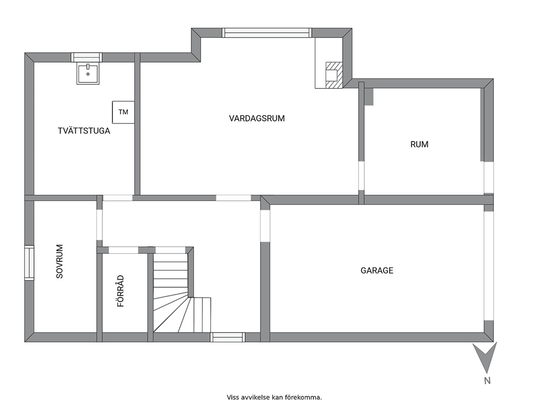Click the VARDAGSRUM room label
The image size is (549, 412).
pos(257,119)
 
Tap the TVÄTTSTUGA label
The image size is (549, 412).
pos(84,131)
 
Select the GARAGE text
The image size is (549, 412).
pos(377,270)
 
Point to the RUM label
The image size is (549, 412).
pos(419,145)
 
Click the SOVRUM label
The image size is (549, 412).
pos(60,261)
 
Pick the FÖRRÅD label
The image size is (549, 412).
pos(121,291)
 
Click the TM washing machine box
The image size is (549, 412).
pos(123,112)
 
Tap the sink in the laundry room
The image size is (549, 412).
pos(88,73)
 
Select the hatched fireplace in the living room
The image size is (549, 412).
pos(334,75)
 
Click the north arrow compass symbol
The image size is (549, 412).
pos(485,357)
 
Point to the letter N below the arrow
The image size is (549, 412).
pos(487,380)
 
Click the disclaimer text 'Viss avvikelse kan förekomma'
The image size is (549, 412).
pos(274,397)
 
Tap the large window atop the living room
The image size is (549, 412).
pos(266,33)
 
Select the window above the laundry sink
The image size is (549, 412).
pos(86,58)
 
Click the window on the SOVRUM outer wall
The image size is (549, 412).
pos(29,262)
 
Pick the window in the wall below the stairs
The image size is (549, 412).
pos(227,337)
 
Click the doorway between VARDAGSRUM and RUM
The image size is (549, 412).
pos(361,176)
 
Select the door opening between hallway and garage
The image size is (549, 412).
pos(265,225)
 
